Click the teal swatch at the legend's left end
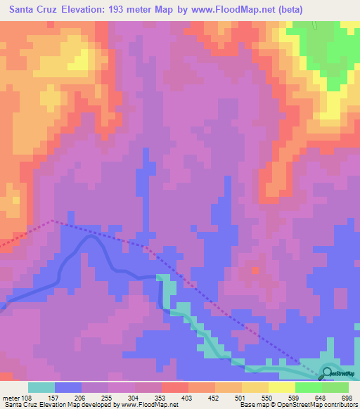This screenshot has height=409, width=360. tap(41, 387)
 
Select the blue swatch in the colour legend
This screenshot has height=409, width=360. tap(68, 387)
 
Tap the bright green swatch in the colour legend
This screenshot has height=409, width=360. tap(308, 387)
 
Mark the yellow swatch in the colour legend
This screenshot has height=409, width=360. tap(281, 387)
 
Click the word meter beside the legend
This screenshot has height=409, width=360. tap(12, 398)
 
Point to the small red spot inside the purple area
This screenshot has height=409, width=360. tap(255, 269)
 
